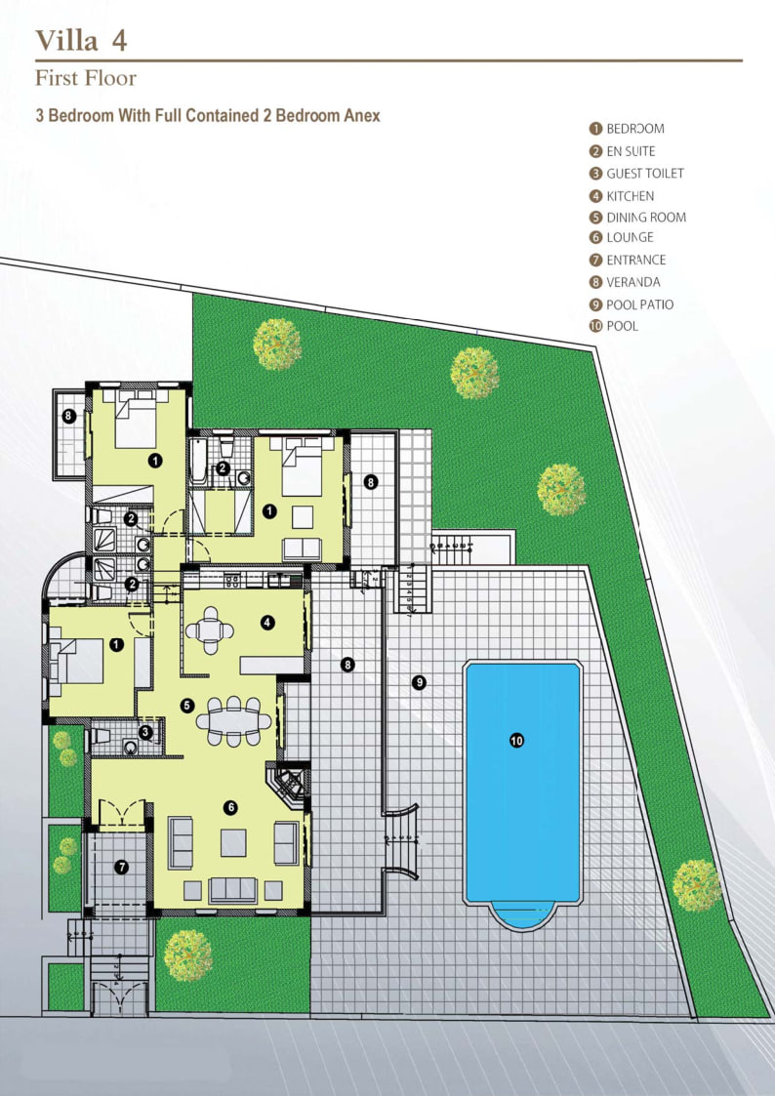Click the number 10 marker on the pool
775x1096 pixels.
point(517,741)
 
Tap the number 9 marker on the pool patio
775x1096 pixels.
point(419,682)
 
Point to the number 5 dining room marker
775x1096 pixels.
point(187,705)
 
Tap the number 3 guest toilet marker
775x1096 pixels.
point(145,731)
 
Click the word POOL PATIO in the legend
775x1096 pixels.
point(639,304)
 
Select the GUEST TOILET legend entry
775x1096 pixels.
point(645,174)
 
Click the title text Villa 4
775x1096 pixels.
point(82,40)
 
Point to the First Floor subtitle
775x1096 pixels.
point(86,78)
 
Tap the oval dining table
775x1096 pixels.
point(234,721)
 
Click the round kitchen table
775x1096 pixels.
point(211,629)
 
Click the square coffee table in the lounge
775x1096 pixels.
point(233,841)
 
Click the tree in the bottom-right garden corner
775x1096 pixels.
point(697,884)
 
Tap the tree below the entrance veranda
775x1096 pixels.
point(187,954)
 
